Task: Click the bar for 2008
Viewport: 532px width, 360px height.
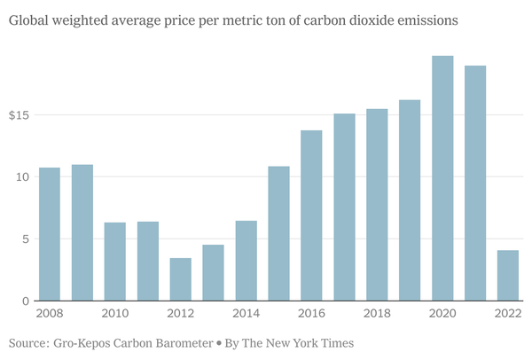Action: tap(50, 234)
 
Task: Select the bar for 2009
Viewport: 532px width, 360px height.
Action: tap(82, 232)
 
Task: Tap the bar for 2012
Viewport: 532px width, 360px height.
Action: tap(181, 279)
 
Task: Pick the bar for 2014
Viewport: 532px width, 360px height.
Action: tap(246, 261)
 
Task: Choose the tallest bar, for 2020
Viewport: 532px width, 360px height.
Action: tap(442, 178)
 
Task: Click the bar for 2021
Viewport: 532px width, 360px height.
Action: tap(475, 183)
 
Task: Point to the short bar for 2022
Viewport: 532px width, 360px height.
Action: tap(508, 276)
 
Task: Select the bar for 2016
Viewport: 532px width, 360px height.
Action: tap(311, 215)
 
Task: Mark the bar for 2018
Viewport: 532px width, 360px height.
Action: tap(377, 205)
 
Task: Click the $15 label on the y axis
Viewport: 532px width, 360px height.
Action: tap(20, 115)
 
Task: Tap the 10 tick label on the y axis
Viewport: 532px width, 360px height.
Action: tap(24, 177)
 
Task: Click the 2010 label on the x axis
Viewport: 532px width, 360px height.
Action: tap(115, 313)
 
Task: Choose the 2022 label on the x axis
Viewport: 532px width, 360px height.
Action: tap(508, 313)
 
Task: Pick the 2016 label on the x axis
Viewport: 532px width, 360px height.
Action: tap(311, 313)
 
